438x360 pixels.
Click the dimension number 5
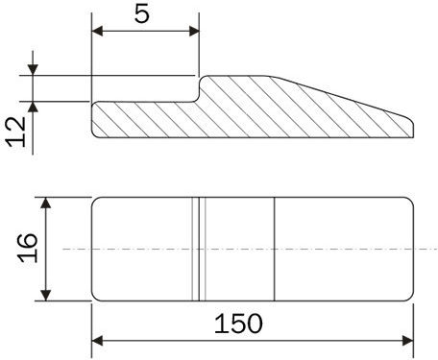(x=142, y=14)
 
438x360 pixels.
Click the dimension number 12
(x=16, y=132)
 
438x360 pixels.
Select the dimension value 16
(x=28, y=248)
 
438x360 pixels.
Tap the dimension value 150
(x=238, y=324)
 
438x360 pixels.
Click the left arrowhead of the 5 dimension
(x=97, y=32)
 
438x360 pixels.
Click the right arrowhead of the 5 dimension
(x=194, y=32)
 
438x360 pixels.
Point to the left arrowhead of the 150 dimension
(x=97, y=341)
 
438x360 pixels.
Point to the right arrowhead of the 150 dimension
(x=407, y=341)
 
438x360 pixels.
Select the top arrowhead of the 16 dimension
(x=46, y=203)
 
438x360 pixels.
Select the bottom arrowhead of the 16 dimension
(x=46, y=295)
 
